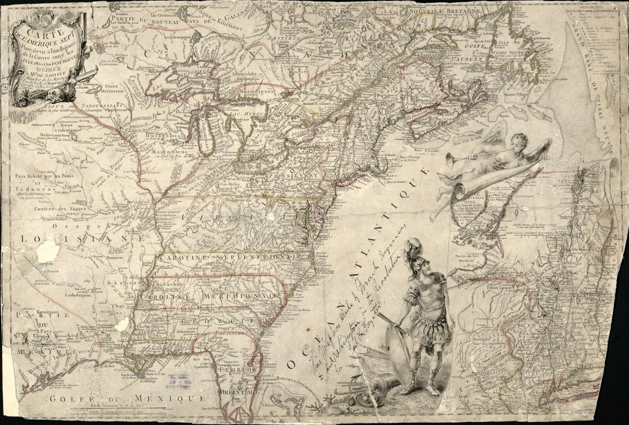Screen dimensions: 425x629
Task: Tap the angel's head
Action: coord(519,139)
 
